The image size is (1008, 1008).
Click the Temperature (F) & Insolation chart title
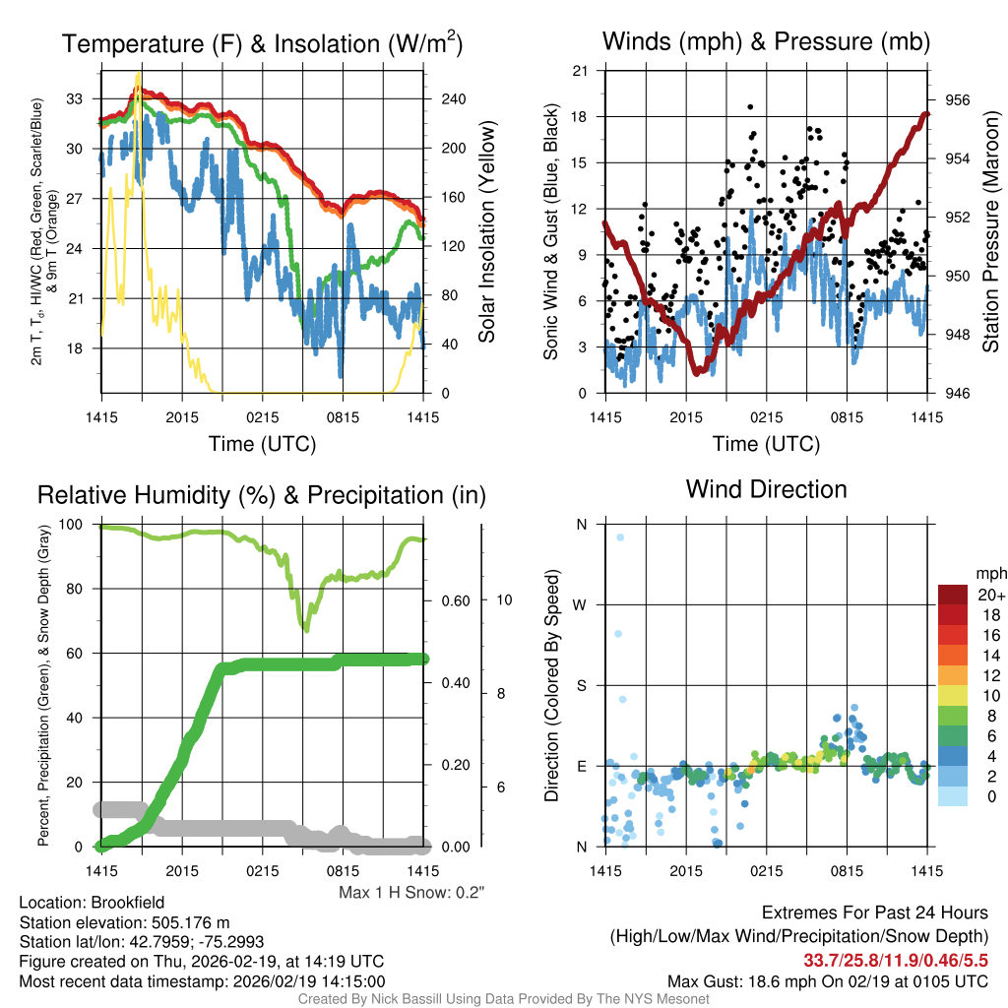click(262, 43)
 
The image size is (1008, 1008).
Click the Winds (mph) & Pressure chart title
click(766, 41)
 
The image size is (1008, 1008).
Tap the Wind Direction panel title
click(766, 489)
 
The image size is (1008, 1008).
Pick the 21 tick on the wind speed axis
click(580, 71)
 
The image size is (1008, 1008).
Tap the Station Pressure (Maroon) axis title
click(990, 232)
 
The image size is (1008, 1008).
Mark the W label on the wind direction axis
click(581, 604)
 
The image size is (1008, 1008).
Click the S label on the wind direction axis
click(581, 685)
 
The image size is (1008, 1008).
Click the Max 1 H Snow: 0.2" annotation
click(411, 893)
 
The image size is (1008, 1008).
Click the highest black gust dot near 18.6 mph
click(750, 106)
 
